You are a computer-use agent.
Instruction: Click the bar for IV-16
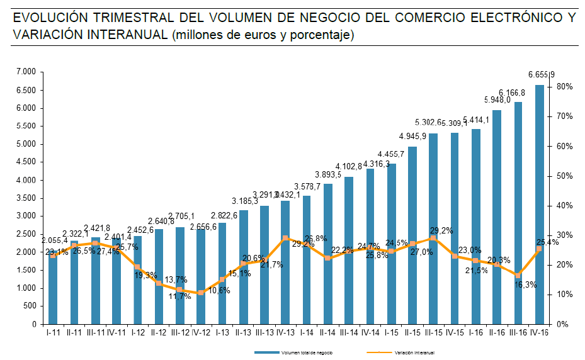coord(540,205)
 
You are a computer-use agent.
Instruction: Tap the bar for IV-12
coord(201,276)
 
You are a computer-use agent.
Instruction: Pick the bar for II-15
coord(412,235)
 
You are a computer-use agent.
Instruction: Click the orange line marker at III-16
coord(518,276)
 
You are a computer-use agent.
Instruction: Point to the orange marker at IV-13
coord(285,238)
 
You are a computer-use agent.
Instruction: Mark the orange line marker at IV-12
coord(201,293)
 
